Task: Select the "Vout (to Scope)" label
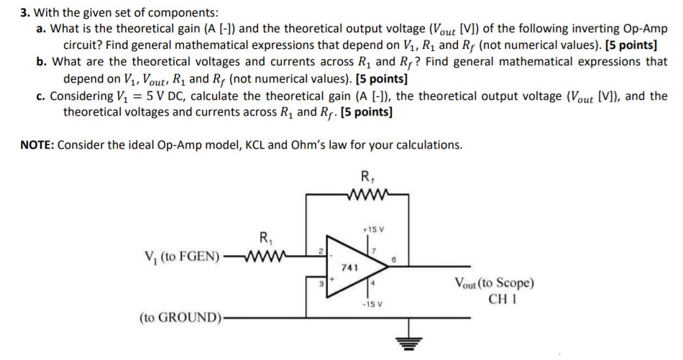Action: [493, 282]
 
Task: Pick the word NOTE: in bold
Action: [37, 144]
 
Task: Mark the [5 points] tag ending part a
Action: [633, 45]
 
